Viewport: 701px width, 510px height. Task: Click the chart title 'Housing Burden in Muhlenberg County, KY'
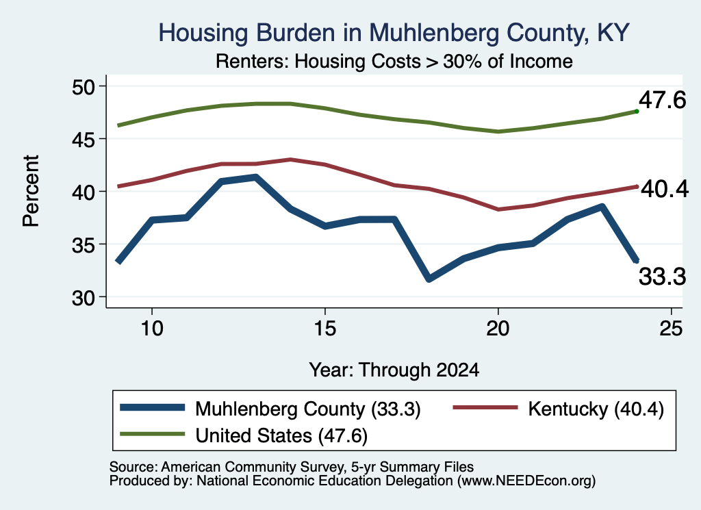coord(394,33)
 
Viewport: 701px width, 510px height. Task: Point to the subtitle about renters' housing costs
coord(394,61)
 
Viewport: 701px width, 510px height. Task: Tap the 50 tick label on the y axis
coord(84,86)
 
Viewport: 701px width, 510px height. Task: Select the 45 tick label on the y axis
coord(84,139)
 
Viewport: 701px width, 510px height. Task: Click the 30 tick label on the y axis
coord(84,297)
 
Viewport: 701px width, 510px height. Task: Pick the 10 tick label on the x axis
coord(152,329)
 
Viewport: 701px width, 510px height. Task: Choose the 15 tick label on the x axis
coord(325,329)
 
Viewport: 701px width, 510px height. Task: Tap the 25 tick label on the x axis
coord(671,329)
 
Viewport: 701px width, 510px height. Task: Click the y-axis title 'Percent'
coord(31,191)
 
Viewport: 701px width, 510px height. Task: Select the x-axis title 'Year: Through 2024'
coord(394,370)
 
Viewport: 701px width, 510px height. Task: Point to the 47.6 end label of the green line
coord(662,99)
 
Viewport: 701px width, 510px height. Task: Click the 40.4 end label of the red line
coord(665,189)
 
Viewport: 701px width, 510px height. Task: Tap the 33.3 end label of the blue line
coord(662,277)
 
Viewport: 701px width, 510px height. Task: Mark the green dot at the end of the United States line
coord(637,112)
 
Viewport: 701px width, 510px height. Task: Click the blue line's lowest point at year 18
coord(429,279)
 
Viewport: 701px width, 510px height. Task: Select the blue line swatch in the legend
coord(153,407)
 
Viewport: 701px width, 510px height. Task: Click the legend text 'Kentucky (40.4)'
coord(596,409)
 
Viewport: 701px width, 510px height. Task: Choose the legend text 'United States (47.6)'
coord(281,435)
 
